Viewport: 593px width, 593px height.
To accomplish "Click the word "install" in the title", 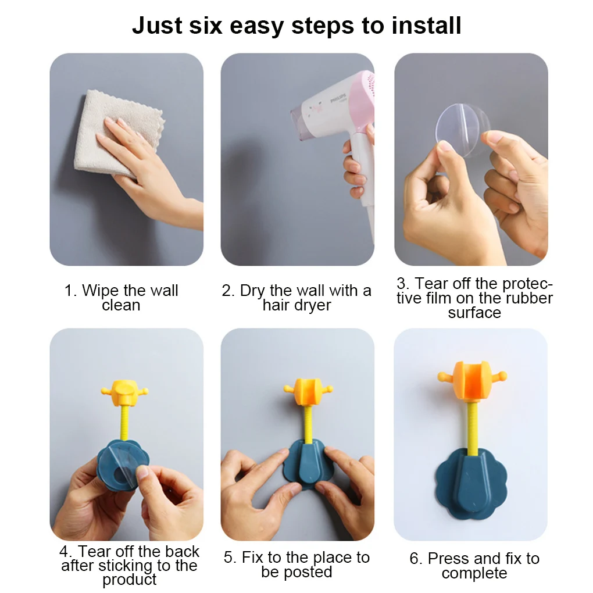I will tap(426, 26).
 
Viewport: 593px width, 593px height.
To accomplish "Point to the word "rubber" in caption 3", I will tap(526, 298).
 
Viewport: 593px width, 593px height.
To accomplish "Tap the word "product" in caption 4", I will tap(129, 580).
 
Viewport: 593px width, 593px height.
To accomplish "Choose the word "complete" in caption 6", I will tap(474, 574).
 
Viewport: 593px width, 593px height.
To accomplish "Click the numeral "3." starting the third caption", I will tap(403, 284).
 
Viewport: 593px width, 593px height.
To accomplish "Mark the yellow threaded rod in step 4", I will tap(124, 427).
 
